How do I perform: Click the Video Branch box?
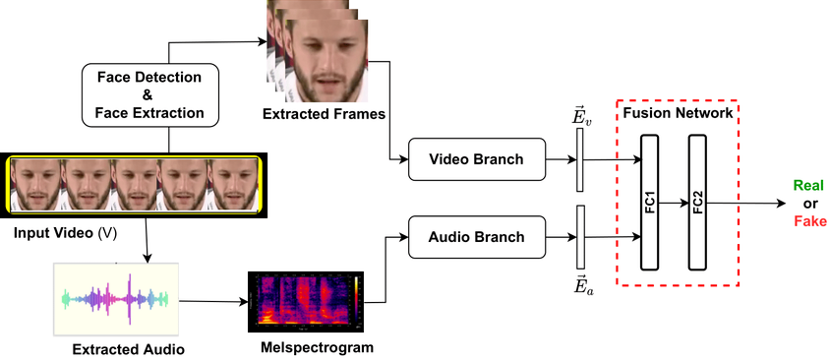(476, 160)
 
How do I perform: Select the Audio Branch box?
(475, 237)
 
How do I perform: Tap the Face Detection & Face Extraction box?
(149, 94)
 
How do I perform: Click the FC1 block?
(648, 203)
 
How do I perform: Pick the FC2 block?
(697, 203)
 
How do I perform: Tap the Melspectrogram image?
(306, 301)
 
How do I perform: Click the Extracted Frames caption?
(324, 115)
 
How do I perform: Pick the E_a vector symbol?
(581, 284)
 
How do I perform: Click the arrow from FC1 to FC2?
(672, 204)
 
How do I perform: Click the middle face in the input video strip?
(138, 185)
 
